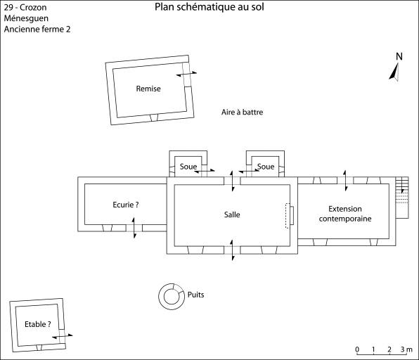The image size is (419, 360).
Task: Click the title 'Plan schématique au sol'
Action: [x=209, y=7]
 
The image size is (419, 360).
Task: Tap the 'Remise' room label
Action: [x=148, y=89]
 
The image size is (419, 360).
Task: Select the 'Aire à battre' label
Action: [x=242, y=112]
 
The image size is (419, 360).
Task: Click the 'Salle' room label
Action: [x=232, y=214]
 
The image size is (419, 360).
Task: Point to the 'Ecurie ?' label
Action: [x=126, y=205]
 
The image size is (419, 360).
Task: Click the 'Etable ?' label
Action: [x=38, y=324]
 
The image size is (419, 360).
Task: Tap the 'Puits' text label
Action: [x=196, y=295]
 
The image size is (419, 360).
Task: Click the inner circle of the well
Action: [x=171, y=297]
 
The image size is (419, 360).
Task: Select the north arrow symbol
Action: [x=394, y=72]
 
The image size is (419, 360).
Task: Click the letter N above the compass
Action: [x=399, y=56]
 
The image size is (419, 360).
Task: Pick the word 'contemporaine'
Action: [x=345, y=219]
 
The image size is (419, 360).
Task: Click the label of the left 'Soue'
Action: [x=188, y=167]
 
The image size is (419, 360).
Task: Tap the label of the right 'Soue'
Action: [x=266, y=167]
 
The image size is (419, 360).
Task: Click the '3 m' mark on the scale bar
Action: [x=406, y=349]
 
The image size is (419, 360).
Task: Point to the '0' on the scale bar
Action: [x=357, y=349]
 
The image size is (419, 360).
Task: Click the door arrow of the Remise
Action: [x=186, y=74]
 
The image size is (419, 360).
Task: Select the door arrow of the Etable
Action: [x=63, y=336]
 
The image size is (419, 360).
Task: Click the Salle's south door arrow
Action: [x=232, y=250]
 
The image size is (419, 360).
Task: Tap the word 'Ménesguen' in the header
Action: [x=26, y=18]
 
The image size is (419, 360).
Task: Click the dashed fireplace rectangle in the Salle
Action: [x=288, y=216]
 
